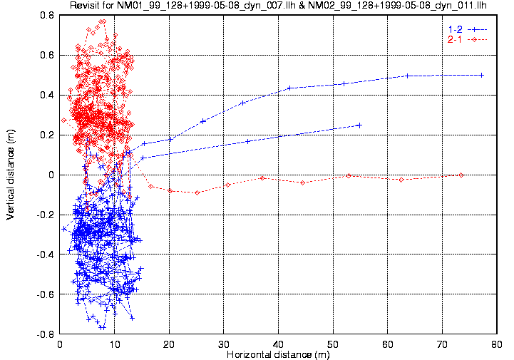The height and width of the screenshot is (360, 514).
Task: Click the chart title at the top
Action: (x=283, y=6)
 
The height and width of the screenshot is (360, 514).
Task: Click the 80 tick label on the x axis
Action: (x=496, y=344)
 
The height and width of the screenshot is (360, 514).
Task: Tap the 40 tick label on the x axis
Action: (x=278, y=344)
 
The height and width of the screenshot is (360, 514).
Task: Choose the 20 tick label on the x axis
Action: (x=169, y=344)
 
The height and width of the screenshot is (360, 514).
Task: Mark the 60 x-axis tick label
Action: (x=387, y=344)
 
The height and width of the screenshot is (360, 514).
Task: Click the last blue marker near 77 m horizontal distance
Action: (x=482, y=75)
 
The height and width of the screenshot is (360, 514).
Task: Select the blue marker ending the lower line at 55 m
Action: (x=359, y=125)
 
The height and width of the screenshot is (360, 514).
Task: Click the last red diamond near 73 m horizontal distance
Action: (x=461, y=175)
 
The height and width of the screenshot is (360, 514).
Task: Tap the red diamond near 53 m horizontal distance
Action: (x=349, y=175)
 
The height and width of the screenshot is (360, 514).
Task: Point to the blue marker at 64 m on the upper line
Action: (x=407, y=76)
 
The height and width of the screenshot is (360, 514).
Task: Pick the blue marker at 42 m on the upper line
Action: (x=289, y=88)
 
